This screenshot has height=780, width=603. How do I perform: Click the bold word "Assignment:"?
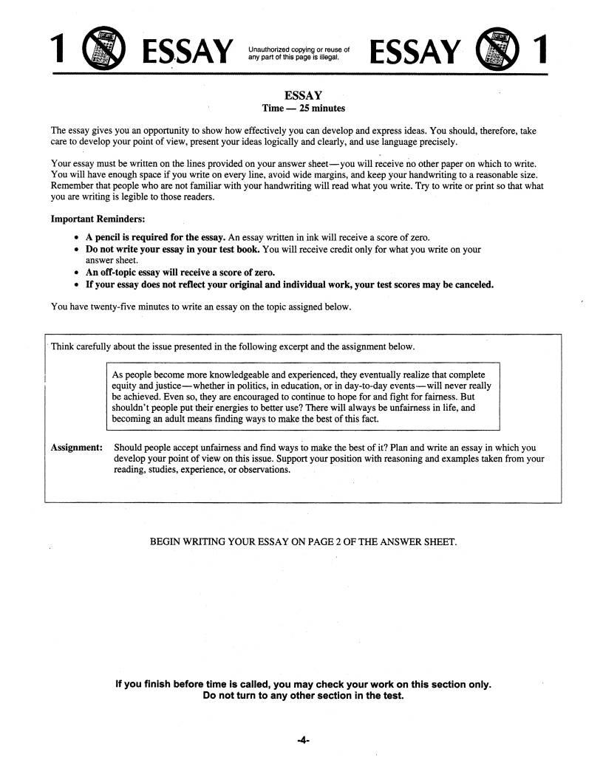click(x=76, y=448)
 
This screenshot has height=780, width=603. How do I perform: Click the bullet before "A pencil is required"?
click(x=78, y=238)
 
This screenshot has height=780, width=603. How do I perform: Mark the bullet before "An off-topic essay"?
click(x=78, y=273)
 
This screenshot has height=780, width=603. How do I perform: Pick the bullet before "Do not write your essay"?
click(x=78, y=250)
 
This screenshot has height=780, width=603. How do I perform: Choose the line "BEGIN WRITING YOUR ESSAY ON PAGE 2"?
click(x=303, y=541)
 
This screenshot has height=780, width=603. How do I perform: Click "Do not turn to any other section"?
click(x=303, y=695)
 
